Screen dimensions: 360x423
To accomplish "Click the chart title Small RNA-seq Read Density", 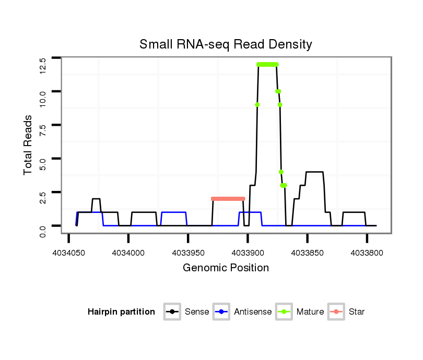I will point(226,44).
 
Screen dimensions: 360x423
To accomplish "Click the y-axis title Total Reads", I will point(29,145).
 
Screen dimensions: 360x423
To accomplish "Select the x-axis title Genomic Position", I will point(226,268).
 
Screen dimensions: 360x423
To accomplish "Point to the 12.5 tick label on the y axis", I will point(43,66).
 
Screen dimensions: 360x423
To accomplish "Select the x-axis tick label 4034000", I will point(128,253).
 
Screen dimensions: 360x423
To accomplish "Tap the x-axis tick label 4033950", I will point(188,253).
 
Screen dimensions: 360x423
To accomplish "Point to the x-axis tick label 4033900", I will point(248,253).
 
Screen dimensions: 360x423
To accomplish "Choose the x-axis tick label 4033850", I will point(307,253).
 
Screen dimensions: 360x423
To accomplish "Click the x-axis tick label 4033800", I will point(367,253).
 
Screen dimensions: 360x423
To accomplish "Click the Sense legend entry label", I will point(197,312).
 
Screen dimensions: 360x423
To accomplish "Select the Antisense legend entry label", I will point(253,312).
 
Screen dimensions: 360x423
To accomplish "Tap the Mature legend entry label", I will point(310,312).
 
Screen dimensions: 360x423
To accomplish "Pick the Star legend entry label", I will point(357,312).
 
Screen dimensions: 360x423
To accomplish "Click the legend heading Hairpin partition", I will point(121,312).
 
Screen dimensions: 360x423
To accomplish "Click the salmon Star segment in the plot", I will point(228,199).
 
